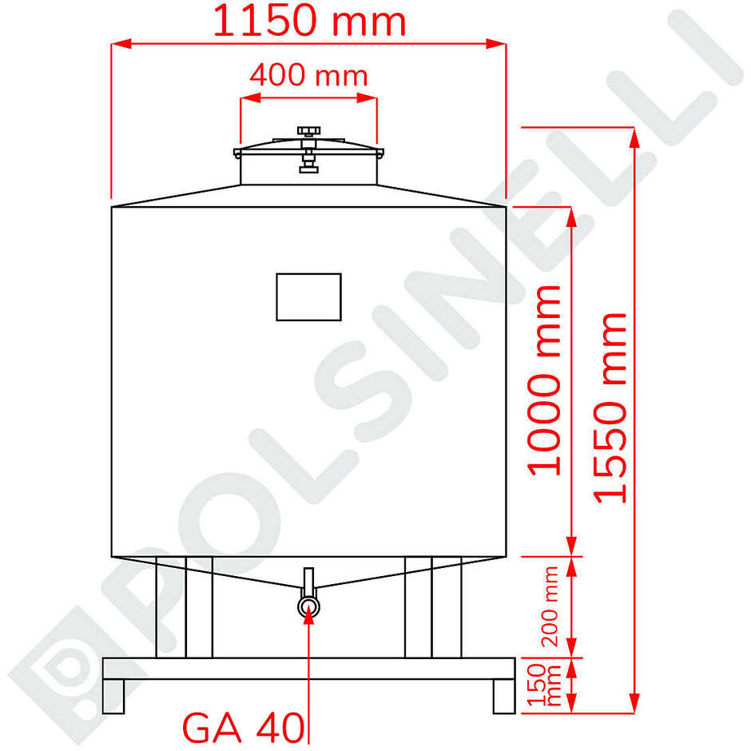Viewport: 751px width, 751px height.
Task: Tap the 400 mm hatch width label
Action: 308,76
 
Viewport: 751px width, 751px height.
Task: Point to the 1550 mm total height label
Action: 612,407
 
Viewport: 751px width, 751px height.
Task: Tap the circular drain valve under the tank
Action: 308,607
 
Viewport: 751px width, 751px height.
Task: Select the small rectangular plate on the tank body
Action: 308,296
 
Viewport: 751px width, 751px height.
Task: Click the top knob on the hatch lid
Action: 308,130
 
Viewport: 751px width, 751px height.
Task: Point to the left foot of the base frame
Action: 113,696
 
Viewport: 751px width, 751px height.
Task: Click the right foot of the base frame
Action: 503,696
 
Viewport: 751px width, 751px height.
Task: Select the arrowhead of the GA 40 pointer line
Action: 308,622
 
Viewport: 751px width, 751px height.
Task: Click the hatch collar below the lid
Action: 308,170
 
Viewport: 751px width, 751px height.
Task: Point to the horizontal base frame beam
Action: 308,669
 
